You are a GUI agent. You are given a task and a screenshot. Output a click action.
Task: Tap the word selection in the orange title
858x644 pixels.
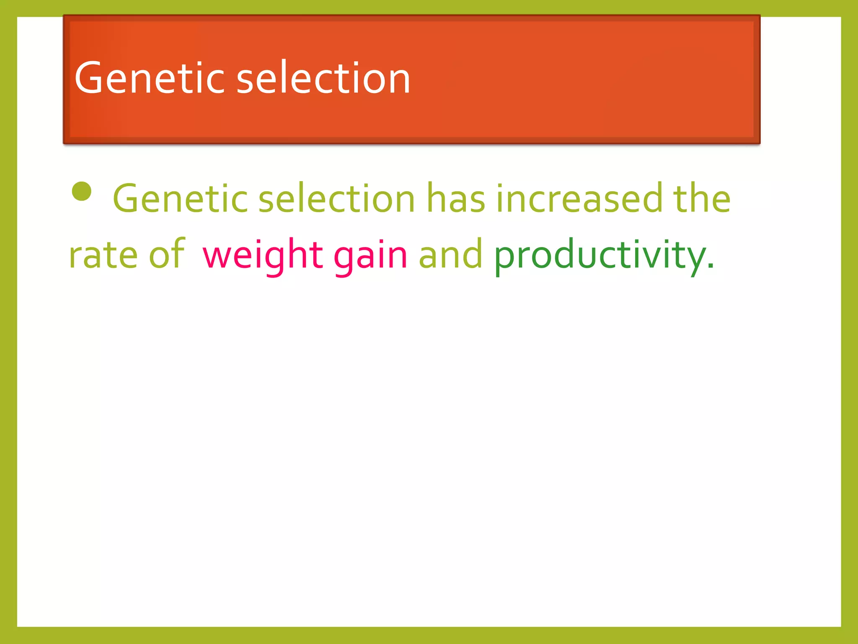pos(323,78)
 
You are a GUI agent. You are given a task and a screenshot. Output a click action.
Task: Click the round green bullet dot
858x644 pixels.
pos(82,192)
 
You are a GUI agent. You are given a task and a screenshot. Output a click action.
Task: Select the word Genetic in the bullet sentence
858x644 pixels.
pos(181,198)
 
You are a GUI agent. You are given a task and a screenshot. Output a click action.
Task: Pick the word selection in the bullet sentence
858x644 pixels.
pos(336,198)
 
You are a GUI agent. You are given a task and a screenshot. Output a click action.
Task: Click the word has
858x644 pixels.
pos(456,198)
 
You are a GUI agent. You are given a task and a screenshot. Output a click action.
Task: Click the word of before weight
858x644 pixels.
pos(167,254)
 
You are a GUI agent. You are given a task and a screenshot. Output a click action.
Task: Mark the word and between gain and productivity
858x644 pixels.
pos(450,254)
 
